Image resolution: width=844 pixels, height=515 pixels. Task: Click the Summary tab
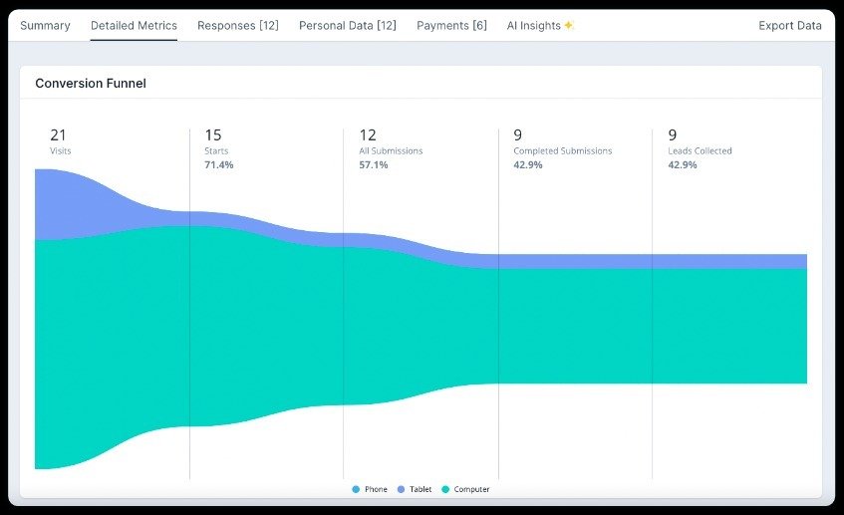45,26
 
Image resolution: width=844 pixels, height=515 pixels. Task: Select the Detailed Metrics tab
134,26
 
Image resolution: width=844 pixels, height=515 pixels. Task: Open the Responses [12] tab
238,26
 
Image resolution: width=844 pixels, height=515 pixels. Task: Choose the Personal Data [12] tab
347,26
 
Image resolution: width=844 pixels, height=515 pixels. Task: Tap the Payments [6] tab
451,26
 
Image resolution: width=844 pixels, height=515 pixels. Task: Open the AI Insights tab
534,26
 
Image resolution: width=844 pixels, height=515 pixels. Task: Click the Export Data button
789,26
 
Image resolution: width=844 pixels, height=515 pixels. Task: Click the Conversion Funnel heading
91,84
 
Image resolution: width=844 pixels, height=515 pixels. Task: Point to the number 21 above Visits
58,135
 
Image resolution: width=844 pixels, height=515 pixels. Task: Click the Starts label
216,151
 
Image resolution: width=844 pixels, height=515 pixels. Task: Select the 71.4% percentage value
219,165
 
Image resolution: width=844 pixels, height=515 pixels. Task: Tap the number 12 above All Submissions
368,135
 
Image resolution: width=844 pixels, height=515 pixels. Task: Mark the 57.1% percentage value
374,165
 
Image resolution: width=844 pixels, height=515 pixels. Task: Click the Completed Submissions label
562,151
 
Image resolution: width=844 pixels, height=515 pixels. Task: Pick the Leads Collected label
700,151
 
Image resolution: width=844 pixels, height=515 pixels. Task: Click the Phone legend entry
370,489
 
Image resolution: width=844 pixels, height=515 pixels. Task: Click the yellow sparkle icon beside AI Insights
568,26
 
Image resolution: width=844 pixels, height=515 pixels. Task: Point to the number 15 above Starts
213,135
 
